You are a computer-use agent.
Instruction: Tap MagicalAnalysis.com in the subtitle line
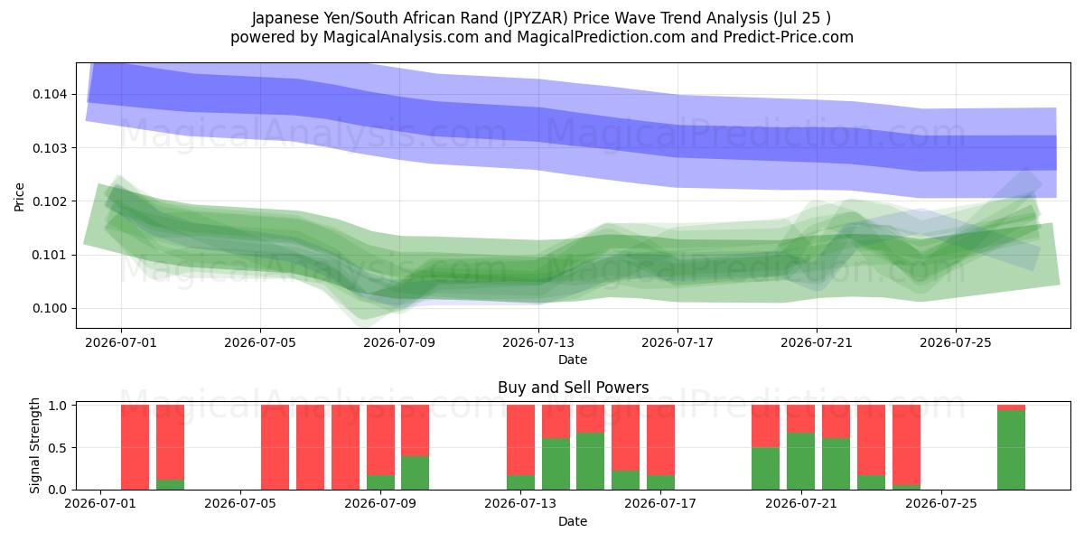[401, 37]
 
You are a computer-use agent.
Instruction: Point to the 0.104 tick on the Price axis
[50, 94]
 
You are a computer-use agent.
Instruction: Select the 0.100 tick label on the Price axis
[50, 308]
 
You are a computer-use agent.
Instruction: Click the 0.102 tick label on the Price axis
[50, 201]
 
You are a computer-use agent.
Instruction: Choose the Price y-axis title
[19, 197]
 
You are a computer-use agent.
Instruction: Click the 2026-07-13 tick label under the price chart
[538, 342]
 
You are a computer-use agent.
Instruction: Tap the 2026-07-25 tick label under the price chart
[956, 342]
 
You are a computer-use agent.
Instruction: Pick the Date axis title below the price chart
[573, 360]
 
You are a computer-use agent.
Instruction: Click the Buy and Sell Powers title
[573, 388]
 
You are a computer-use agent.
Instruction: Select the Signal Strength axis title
[34, 445]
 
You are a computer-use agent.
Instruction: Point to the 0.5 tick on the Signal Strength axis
[58, 448]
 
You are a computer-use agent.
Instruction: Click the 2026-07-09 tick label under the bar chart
[380, 504]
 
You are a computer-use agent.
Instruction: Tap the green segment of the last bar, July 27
[1011, 450]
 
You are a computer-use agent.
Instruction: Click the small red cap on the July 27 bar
[1011, 407]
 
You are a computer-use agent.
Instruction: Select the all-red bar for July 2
[135, 447]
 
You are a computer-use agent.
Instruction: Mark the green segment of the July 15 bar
[591, 462]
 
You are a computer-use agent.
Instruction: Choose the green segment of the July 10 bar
[416, 472]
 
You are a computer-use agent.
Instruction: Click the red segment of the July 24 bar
[906, 444]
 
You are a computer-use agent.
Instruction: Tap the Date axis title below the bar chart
[573, 521]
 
